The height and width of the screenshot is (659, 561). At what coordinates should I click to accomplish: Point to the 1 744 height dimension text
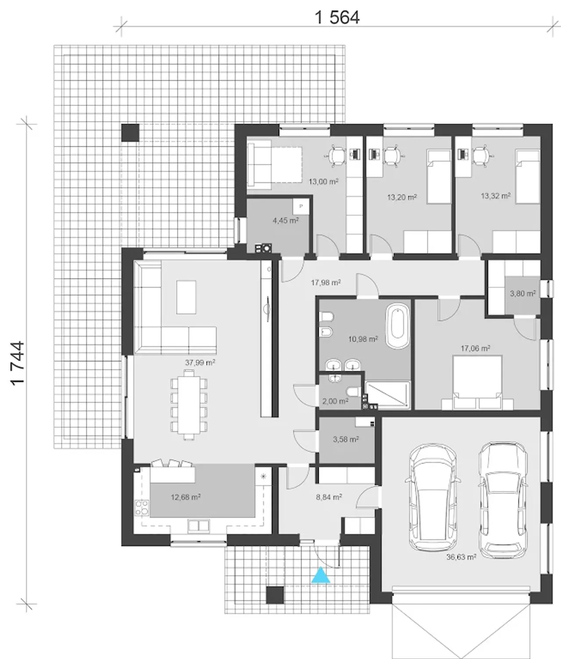(18, 363)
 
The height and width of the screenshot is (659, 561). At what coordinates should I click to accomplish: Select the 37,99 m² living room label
(200, 363)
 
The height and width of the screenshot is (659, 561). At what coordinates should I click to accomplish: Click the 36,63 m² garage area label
(461, 557)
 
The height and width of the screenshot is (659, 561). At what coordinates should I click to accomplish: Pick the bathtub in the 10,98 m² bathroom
(398, 326)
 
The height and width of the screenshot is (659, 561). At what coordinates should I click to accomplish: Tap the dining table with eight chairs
(188, 405)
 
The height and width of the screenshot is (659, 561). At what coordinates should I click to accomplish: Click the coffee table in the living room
(186, 297)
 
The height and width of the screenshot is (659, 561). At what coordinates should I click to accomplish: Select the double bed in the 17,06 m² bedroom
(477, 382)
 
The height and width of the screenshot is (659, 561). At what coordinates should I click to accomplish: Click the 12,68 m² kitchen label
(186, 497)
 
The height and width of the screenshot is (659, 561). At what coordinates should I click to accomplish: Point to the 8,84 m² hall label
(329, 497)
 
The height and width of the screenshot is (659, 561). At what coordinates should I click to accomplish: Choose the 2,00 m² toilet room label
(335, 401)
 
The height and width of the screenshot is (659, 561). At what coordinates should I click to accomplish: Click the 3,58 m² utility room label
(346, 439)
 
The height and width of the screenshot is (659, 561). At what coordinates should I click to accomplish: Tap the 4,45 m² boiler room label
(286, 220)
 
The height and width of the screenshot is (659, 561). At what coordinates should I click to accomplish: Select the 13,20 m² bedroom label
(402, 197)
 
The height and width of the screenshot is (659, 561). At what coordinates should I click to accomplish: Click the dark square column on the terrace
(130, 133)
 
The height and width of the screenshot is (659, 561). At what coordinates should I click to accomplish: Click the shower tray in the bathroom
(387, 395)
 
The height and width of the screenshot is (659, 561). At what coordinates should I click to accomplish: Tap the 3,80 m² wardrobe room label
(522, 293)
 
